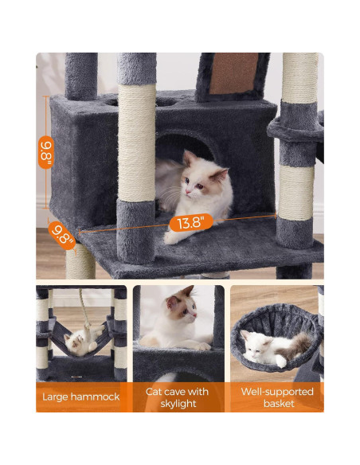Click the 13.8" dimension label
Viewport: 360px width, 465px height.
tap(190, 223)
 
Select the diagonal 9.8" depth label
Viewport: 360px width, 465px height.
tap(62, 233)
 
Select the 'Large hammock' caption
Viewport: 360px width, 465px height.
tap(80, 397)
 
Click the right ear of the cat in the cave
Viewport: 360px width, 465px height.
tap(220, 173)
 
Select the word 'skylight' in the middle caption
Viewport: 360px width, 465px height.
tap(178, 404)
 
